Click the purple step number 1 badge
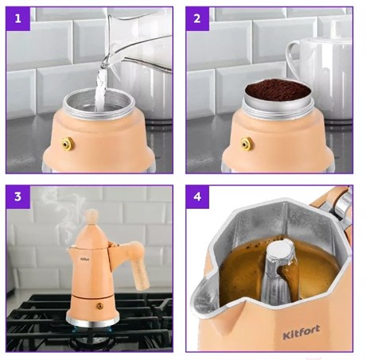pyautogui.click(x=18, y=19)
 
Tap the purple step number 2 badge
pyautogui.click(x=197, y=19)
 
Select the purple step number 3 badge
pyautogui.click(x=18, y=197)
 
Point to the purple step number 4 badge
pyautogui.click(x=197, y=197)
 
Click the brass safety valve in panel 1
pyautogui.click(x=68, y=145)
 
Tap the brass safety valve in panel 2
pyautogui.click(x=247, y=144)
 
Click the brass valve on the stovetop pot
pyautogui.click(x=99, y=306)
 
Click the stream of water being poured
pyautogui.click(x=101, y=87)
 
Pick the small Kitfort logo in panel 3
pyautogui.click(x=85, y=259)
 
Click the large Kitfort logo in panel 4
pyautogui.click(x=302, y=332)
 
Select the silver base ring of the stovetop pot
pyautogui.click(x=93, y=320)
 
